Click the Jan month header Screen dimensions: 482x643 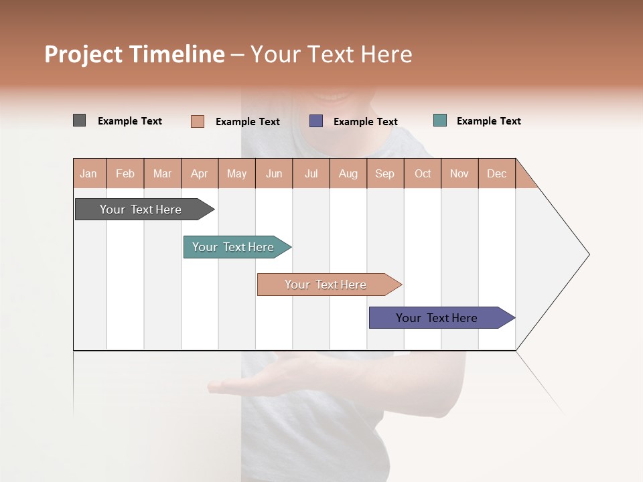[x=89, y=173]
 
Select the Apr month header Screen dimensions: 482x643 [x=200, y=173]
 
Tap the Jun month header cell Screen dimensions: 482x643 [x=274, y=173]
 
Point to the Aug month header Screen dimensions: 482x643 [x=348, y=173]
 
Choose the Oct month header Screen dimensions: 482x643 [x=423, y=173]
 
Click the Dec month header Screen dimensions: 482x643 [x=496, y=173]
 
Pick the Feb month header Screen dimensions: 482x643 [x=125, y=173]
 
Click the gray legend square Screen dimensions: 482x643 [x=79, y=120]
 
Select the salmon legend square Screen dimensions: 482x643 [x=198, y=121]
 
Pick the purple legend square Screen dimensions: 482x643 [x=316, y=120]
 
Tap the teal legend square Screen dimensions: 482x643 [x=440, y=120]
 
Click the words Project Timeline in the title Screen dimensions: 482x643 [x=135, y=54]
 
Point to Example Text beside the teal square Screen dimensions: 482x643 [x=488, y=121]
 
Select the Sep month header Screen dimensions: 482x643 [x=384, y=173]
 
